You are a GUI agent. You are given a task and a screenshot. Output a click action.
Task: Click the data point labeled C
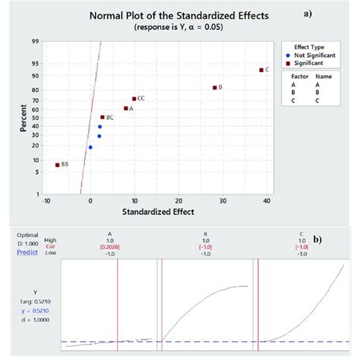point(261,70)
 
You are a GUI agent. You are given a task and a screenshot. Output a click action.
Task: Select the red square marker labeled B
point(215,87)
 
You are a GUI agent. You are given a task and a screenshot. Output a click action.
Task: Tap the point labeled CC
point(134,99)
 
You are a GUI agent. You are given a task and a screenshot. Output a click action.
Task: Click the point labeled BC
point(103,118)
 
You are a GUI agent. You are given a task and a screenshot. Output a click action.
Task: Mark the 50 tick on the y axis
point(36,117)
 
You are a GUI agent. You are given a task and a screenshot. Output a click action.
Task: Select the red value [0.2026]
point(118,248)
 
